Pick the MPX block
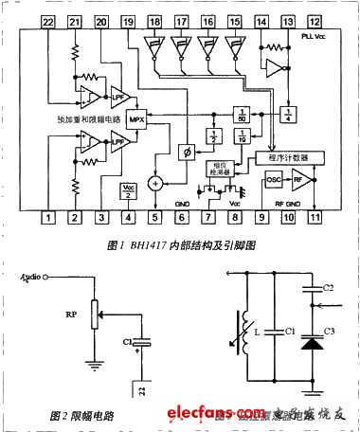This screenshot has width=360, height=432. (x=136, y=120)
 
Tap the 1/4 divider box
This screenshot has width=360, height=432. (x=286, y=113)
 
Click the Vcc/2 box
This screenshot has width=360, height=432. (x=129, y=189)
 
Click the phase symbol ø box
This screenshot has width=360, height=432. (x=187, y=152)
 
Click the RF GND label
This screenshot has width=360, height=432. (x=286, y=203)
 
